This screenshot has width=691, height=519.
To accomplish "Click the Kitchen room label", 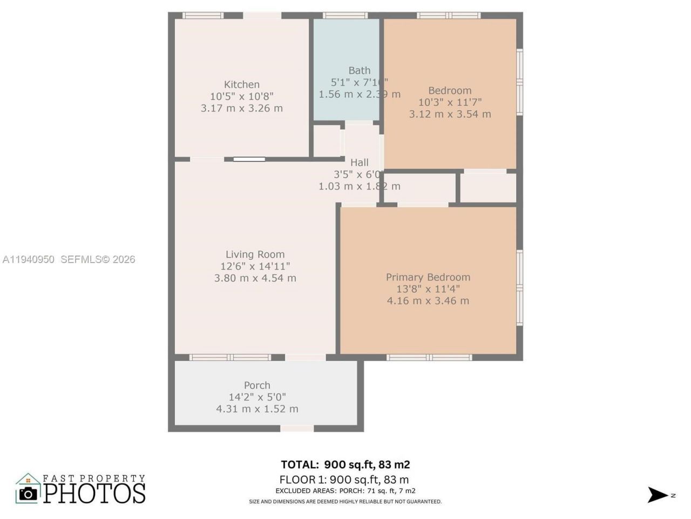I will pyautogui.click(x=242, y=84).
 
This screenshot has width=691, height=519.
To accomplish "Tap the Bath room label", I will pyautogui.click(x=360, y=70).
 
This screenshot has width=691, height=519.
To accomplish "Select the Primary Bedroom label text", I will pyautogui.click(x=428, y=277).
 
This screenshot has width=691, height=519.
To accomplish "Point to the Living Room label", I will pyautogui.click(x=255, y=255).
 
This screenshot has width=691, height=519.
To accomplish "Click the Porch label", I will pyautogui.click(x=257, y=385).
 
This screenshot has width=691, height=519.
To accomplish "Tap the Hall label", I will pyautogui.click(x=360, y=162).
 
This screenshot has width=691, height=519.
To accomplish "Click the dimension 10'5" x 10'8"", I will pyautogui.click(x=242, y=96).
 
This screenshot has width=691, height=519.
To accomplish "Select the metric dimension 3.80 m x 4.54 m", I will pyautogui.click(x=255, y=278).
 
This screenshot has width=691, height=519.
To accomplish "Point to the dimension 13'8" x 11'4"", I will pyautogui.click(x=428, y=289).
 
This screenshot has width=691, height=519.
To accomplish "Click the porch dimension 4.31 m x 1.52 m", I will pyautogui.click(x=257, y=409).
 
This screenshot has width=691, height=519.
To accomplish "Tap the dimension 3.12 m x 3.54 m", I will pyautogui.click(x=450, y=114).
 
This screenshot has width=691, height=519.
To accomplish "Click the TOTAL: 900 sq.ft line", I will pyautogui.click(x=345, y=464).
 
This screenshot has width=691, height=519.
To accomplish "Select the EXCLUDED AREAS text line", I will pyautogui.click(x=345, y=491).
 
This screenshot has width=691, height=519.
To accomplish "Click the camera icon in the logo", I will pyautogui.click(x=28, y=493).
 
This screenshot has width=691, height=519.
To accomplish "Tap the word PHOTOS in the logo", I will pyautogui.click(x=94, y=493).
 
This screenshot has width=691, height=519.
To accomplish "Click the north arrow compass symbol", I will pyautogui.click(x=658, y=495).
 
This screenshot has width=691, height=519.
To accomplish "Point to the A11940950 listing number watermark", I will pyautogui.click(x=29, y=259).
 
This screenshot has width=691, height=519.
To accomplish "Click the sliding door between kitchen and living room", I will pyautogui.click(x=249, y=159).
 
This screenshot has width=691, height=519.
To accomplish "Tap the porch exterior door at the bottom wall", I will pyautogui.click(x=297, y=429).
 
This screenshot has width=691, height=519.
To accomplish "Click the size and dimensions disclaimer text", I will pyautogui.click(x=345, y=502).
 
